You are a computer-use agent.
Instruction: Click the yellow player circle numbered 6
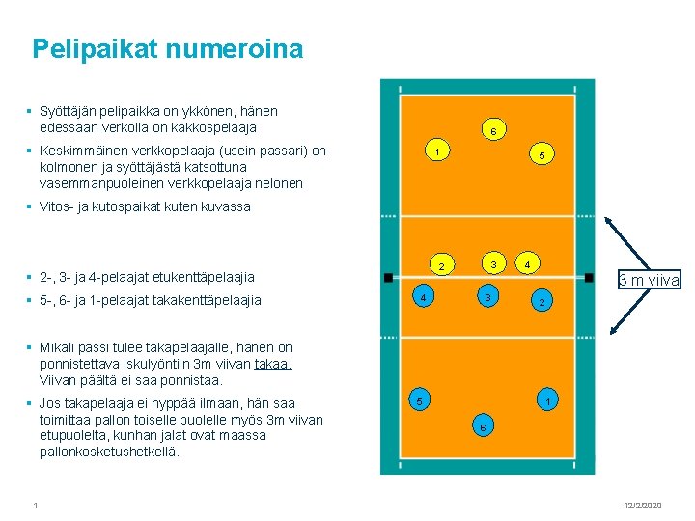[492, 130]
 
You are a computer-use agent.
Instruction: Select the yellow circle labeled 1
[437, 151]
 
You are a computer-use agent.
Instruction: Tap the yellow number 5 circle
[542, 154]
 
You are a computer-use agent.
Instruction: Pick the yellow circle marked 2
[440, 266]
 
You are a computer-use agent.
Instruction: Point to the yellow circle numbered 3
[492, 264]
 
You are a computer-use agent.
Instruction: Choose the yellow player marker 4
[527, 263]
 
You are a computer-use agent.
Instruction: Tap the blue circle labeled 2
[542, 303]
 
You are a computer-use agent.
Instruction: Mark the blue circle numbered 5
[419, 399]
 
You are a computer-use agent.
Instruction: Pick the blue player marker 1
[547, 400]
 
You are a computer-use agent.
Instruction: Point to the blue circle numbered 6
[483, 426]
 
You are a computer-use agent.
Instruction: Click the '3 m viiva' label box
[650, 280]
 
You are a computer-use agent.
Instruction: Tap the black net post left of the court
[387, 277]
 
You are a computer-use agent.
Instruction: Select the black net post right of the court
[588, 277]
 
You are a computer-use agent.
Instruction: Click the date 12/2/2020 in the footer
[641, 506]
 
